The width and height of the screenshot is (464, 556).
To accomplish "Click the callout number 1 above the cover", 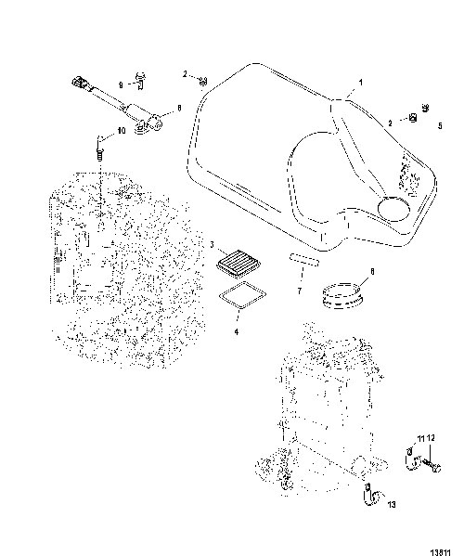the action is click(361, 83).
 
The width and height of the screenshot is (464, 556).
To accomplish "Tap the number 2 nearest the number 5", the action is click(391, 123).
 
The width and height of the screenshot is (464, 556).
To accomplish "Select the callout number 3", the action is click(213, 245).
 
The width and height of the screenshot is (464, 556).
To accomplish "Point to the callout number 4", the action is click(236, 332).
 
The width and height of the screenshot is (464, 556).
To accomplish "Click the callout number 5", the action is click(440, 125).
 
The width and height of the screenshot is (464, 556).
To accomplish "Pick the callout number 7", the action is click(300, 291).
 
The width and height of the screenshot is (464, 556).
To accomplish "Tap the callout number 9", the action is click(121, 85).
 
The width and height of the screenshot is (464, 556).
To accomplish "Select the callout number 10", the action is click(122, 131).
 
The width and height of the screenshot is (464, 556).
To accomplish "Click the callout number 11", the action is click(420, 439).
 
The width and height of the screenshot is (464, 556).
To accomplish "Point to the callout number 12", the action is click(431, 439).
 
